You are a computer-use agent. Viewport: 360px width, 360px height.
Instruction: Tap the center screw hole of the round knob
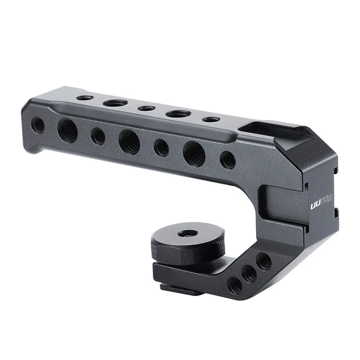coord(188,234)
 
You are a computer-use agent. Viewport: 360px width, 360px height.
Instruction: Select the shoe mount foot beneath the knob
coord(182,289)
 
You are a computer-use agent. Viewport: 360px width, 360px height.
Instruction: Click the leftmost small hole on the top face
coord(85,98)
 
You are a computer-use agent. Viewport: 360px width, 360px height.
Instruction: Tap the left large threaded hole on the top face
coord(115,103)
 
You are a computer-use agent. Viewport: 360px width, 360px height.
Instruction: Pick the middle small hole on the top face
coord(147,108)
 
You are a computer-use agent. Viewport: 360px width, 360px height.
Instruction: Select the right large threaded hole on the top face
coord(178,114)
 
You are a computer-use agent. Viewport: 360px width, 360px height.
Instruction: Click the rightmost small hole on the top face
coord(211,120)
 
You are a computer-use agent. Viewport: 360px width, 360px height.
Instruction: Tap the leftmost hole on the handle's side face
coord(38,125)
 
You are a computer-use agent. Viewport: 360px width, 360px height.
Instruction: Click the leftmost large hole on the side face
coord(67,130)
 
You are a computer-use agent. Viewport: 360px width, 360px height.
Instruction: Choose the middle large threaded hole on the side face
coord(129,142)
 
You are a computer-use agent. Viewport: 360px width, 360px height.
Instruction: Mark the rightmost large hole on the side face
coord(194,154)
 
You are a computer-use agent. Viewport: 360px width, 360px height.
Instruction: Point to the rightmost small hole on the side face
coord(228,160)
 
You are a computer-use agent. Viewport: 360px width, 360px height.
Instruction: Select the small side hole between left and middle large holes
coord(98,136)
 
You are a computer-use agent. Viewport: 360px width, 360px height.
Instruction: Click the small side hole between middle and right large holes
coord(161,148)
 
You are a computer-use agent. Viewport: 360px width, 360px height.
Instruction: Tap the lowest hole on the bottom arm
coord(234,285)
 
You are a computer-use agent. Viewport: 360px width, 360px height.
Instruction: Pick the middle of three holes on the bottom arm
coord(249,273)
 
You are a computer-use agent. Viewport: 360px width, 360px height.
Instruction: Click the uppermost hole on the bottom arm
coord(264,261)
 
